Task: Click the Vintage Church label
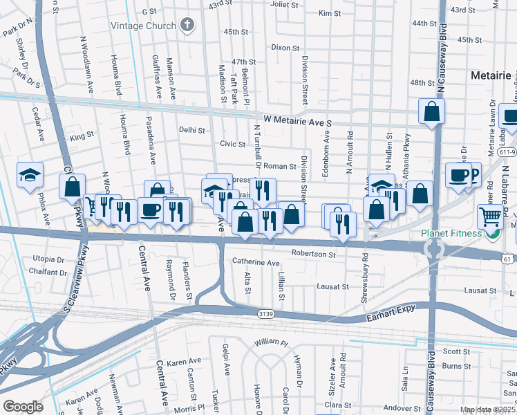coord(142,26)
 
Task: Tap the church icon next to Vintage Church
coord(185,26)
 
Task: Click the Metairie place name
coord(490,74)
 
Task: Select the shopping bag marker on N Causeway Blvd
coord(431,111)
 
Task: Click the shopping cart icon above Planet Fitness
coord(490,216)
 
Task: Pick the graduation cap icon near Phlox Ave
coord(30,176)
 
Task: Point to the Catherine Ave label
coord(255,263)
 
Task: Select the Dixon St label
coord(285,48)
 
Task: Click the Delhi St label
coord(192,129)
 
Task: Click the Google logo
coord(23,407)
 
